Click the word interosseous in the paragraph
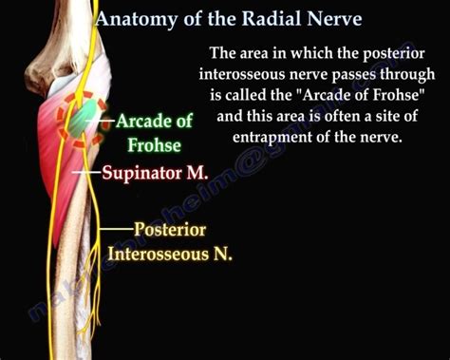pos(248,73)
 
